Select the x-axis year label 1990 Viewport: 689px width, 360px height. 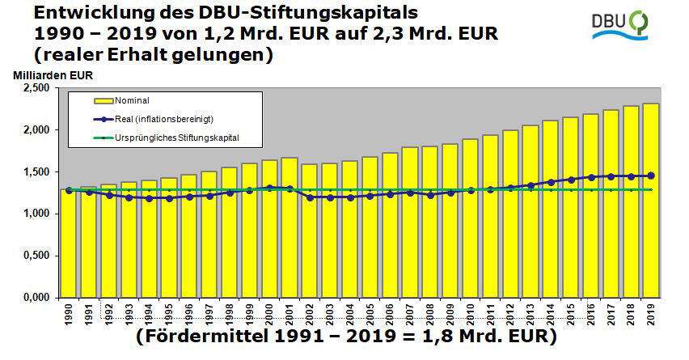[x=69, y=311]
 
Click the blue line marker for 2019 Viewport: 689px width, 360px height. [x=651, y=176]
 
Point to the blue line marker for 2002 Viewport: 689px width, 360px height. [x=310, y=197]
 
